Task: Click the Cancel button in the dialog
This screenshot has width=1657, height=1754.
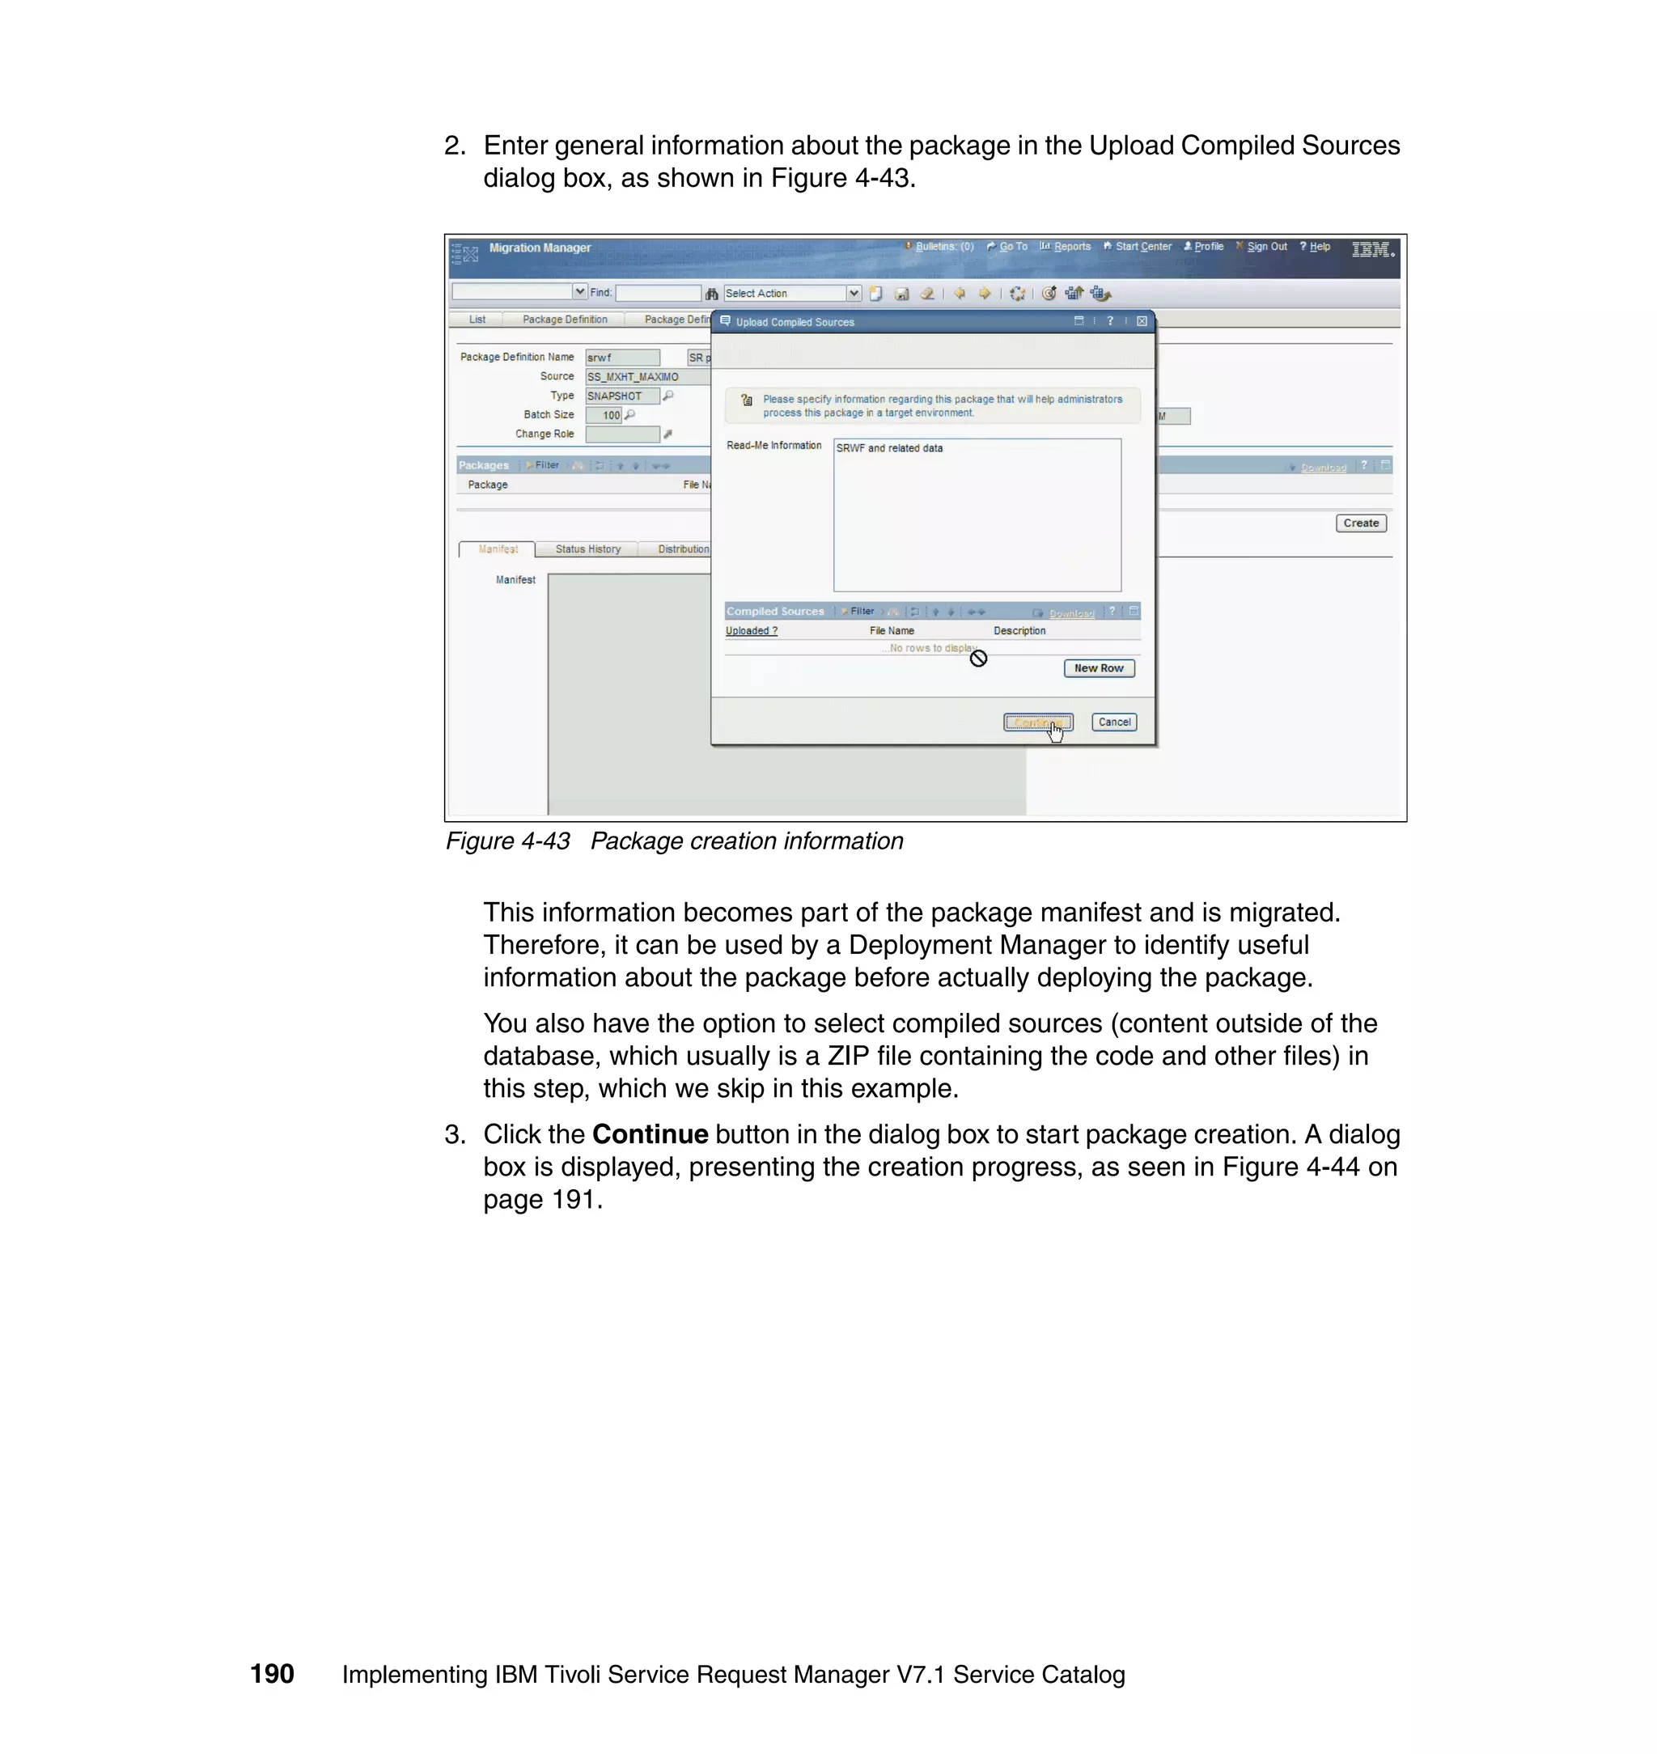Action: tap(1113, 722)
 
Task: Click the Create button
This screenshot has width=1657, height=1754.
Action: tap(1360, 523)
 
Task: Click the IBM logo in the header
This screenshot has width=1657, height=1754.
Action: tap(1372, 250)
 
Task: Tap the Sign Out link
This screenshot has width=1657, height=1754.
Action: tap(1265, 247)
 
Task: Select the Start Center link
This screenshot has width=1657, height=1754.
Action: tap(1142, 247)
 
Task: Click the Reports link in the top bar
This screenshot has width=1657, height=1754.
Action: tap(1070, 247)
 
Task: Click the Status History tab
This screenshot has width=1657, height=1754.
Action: tap(587, 549)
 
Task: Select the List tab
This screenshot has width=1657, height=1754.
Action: tap(477, 320)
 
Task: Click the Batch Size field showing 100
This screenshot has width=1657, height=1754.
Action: tap(604, 415)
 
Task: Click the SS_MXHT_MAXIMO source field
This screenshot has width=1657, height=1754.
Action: tap(645, 377)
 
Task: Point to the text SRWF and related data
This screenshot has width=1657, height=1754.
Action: tap(888, 449)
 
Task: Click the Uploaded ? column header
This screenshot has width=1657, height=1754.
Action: tap(751, 630)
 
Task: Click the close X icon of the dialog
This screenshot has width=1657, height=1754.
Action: tap(1141, 321)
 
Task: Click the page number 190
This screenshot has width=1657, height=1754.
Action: tap(271, 1674)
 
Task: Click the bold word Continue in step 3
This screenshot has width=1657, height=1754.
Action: tap(649, 1134)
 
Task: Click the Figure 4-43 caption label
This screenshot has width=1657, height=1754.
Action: tap(507, 841)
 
